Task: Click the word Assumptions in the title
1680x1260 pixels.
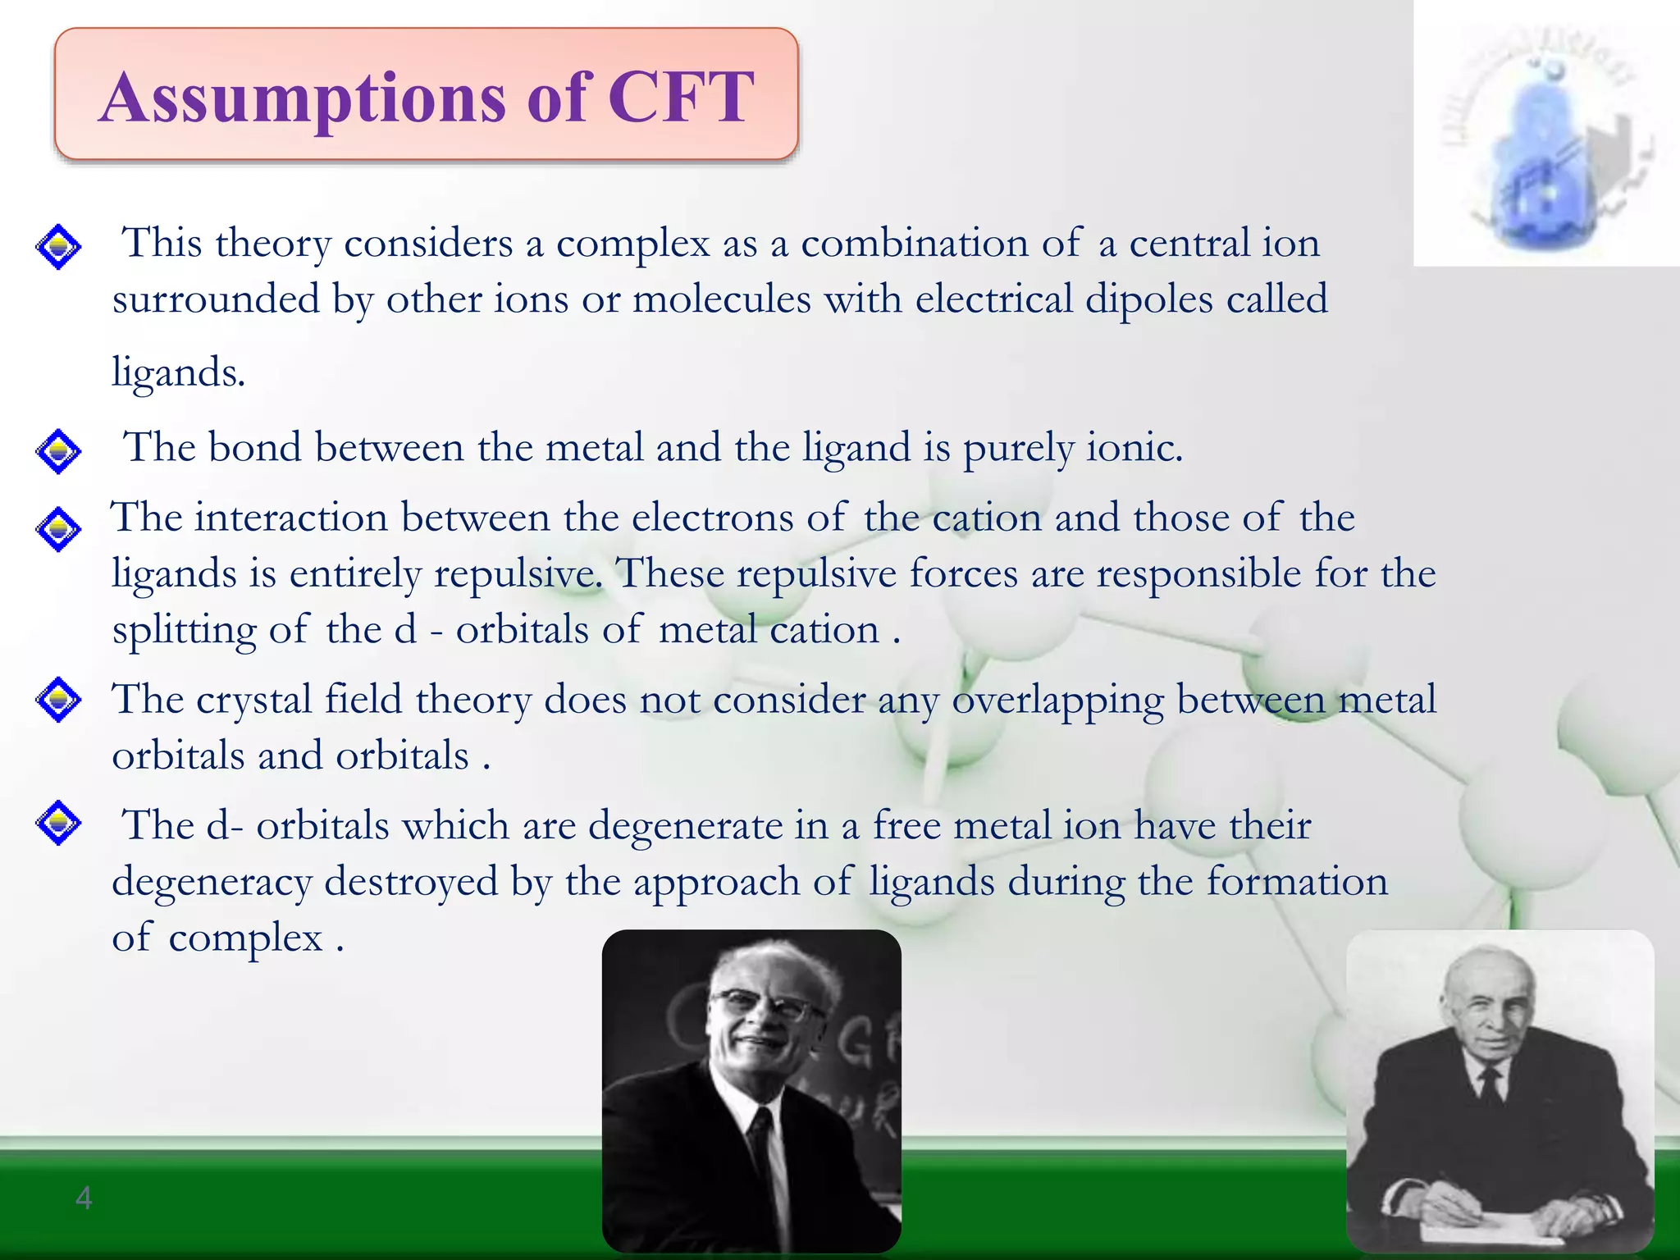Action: click(302, 98)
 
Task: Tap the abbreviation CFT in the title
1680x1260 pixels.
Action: click(680, 97)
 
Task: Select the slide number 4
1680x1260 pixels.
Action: click(84, 1198)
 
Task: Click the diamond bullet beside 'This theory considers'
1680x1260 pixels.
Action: click(58, 246)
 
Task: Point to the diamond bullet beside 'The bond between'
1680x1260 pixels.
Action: click(58, 450)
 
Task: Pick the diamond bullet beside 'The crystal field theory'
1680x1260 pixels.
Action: click(58, 700)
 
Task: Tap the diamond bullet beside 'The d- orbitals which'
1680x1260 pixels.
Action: click(58, 823)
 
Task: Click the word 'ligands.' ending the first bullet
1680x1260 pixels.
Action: click(178, 373)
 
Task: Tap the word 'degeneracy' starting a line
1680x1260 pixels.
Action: click(212, 883)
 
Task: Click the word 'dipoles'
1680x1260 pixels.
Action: click(1148, 299)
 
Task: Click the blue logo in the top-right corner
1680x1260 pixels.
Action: click(1546, 139)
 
